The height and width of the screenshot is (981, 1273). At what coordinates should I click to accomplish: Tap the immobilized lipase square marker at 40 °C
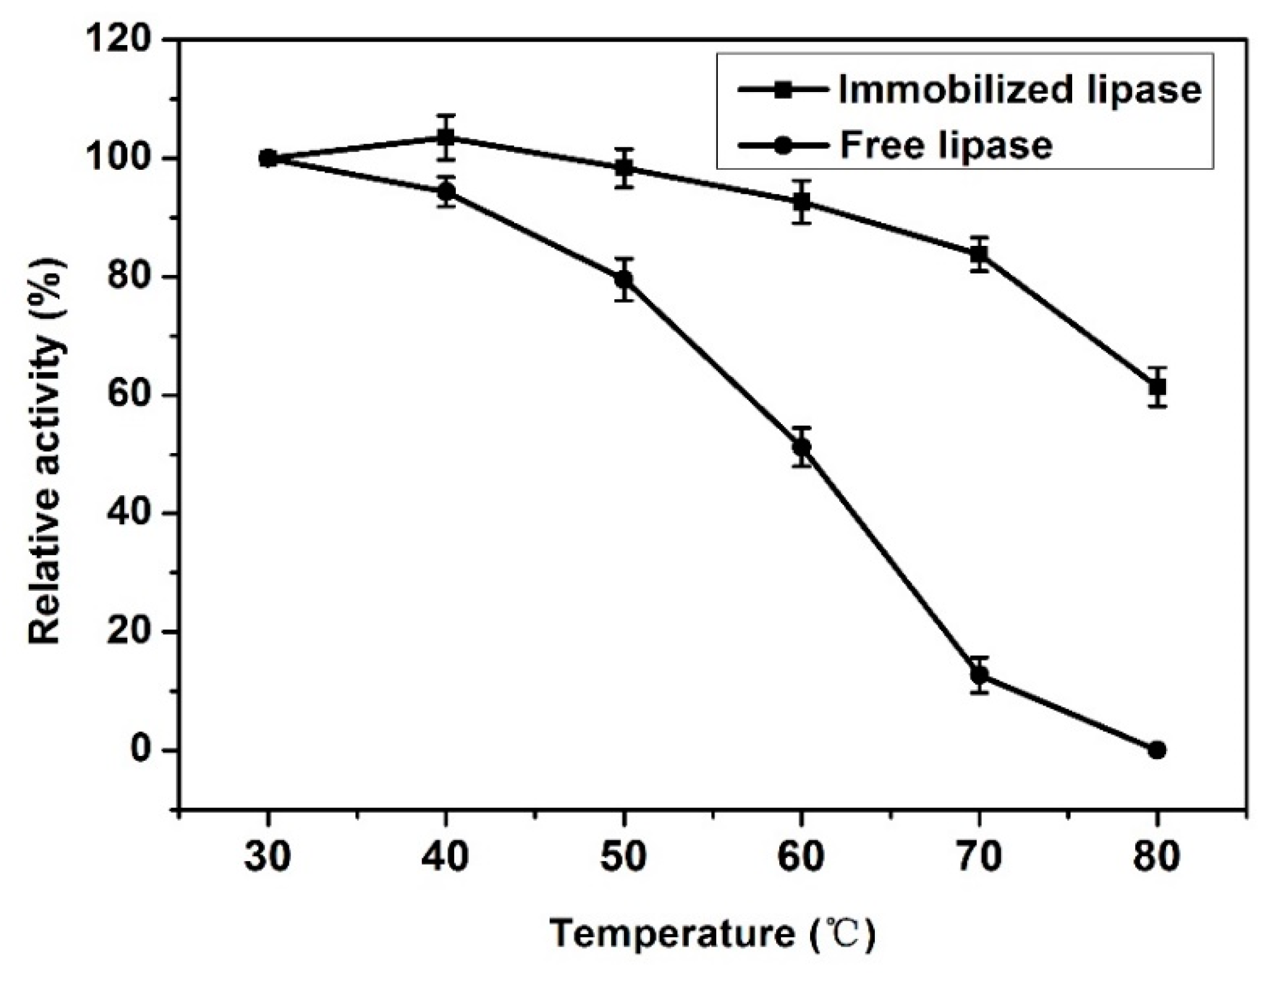[x=446, y=138]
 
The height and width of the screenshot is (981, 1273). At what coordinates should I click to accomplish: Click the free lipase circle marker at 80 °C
[x=1157, y=750]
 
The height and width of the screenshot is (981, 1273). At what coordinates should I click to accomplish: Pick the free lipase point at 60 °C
[x=801, y=447]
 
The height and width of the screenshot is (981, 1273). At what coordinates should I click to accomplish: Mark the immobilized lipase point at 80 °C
[x=1157, y=387]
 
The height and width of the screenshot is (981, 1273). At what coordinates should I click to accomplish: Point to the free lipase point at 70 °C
[x=979, y=675]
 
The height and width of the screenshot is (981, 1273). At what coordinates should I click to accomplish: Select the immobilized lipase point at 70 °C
[x=979, y=254]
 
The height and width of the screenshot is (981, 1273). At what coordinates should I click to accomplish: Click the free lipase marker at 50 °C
[x=623, y=279]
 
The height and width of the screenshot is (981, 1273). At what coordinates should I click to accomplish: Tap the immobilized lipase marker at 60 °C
[x=801, y=202]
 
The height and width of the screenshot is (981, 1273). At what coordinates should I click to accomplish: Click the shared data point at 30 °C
[x=268, y=159]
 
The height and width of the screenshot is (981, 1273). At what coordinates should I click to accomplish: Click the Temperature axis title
[x=713, y=934]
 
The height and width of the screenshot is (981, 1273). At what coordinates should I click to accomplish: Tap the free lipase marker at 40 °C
[x=446, y=192]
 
